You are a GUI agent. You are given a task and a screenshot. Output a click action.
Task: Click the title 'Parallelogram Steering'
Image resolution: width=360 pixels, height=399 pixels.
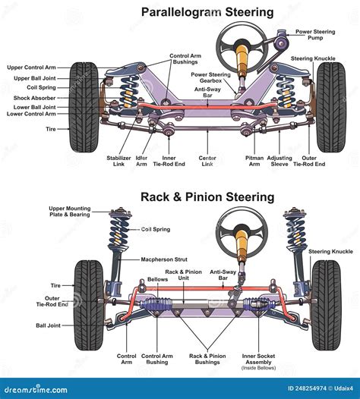207,12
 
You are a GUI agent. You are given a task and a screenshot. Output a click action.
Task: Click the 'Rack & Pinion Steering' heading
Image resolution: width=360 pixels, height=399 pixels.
207,197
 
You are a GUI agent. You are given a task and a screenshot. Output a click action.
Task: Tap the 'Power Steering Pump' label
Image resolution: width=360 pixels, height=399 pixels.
315,35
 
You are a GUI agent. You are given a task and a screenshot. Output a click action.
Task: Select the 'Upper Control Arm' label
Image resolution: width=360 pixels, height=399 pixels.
31,68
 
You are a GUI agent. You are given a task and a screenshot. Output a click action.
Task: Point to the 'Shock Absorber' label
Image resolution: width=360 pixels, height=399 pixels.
34,98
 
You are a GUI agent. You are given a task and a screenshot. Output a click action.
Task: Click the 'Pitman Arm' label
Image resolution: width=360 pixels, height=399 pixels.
254,161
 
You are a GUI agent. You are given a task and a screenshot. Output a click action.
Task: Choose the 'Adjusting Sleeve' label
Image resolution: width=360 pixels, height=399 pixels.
279,161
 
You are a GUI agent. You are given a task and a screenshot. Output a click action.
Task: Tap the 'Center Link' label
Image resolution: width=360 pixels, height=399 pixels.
207,161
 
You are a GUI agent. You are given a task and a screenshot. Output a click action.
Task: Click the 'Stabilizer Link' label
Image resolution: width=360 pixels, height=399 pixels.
118,161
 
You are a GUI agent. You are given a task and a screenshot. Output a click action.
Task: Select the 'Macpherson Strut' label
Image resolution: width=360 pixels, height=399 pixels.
164,259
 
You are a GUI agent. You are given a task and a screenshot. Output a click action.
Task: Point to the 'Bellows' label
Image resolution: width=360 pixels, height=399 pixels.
158,279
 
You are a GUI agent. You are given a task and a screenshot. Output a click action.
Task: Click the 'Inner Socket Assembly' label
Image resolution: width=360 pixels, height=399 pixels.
258,359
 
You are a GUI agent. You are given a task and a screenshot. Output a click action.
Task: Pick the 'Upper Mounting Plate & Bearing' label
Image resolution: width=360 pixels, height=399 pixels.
70,212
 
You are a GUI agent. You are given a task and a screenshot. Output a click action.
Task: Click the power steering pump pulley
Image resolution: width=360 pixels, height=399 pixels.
281,44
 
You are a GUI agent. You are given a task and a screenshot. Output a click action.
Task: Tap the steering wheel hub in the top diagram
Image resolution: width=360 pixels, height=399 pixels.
242,46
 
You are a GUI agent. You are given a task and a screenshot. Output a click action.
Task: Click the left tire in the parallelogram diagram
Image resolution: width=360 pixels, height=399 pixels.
84,107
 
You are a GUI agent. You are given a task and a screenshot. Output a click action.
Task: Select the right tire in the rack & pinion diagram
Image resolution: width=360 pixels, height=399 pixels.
327,305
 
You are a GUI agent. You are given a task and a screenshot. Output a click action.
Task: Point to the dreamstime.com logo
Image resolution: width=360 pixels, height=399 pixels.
36,390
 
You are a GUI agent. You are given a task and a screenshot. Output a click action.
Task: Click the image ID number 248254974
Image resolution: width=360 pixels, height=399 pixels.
311,388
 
